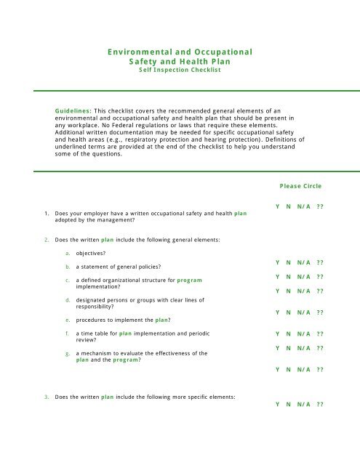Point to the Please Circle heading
(x=300, y=186)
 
